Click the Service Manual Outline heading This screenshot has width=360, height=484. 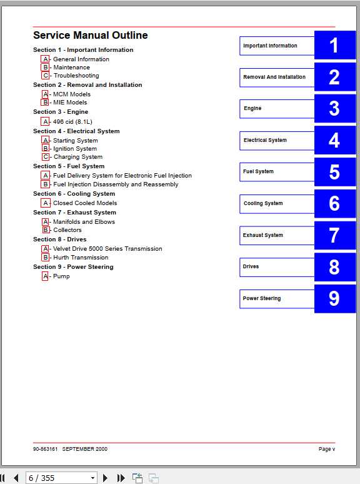pyautogui.click(x=90, y=36)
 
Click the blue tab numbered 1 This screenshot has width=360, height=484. pyautogui.click(x=334, y=46)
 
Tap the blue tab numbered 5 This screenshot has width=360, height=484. pyautogui.click(x=334, y=172)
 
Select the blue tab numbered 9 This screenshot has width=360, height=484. pyautogui.click(x=334, y=298)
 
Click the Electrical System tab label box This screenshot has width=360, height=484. pyautogui.click(x=277, y=141)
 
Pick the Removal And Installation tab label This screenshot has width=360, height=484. pyautogui.click(x=277, y=78)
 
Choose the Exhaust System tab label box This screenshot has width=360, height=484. pyautogui.click(x=277, y=236)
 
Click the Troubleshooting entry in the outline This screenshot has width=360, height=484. pyautogui.click(x=76, y=76)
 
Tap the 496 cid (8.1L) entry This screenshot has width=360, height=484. pyautogui.click(x=72, y=121)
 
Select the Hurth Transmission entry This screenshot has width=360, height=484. pyautogui.click(x=81, y=258)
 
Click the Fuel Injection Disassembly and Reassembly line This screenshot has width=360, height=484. pyautogui.click(x=116, y=184)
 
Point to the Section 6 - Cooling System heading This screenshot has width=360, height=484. pyautogui.click(x=74, y=194)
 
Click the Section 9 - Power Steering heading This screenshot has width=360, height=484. pyautogui.click(x=73, y=267)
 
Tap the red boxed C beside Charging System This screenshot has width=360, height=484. pyautogui.click(x=45, y=157)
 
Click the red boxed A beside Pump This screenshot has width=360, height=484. pyautogui.click(x=45, y=276)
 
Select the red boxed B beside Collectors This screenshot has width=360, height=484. pyautogui.click(x=45, y=230)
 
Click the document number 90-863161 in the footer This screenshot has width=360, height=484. pyautogui.click(x=46, y=449)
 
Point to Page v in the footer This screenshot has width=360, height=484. pyautogui.click(x=326, y=449)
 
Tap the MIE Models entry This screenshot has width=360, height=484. pyautogui.click(x=70, y=103)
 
